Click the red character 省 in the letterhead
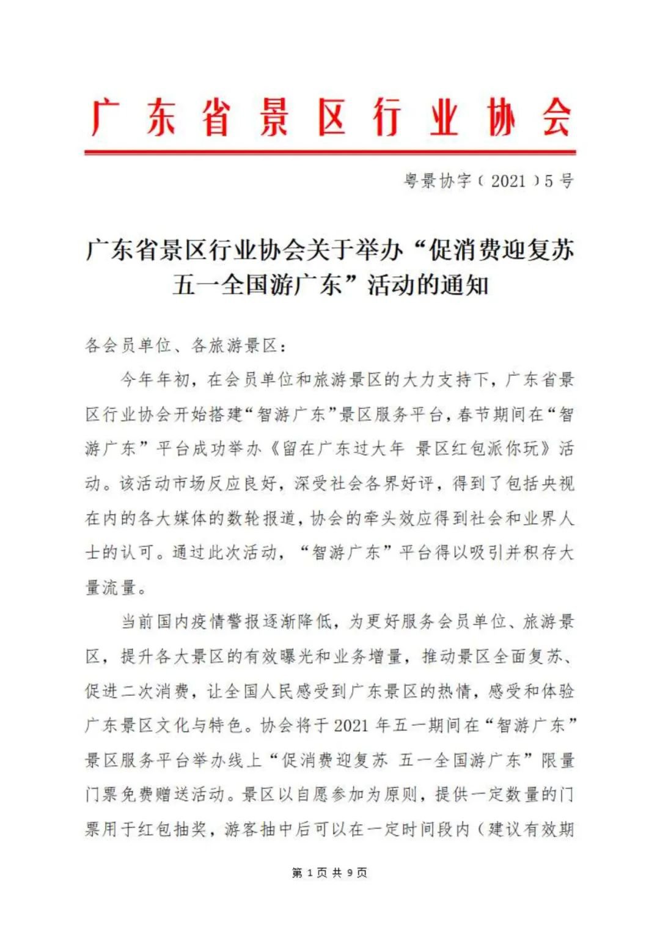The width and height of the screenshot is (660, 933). [x=216, y=117]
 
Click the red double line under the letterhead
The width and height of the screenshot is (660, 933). [x=330, y=152]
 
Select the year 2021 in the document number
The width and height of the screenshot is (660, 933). [x=508, y=181]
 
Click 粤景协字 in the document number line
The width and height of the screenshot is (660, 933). [x=438, y=181]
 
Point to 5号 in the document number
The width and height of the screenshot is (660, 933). [x=559, y=181]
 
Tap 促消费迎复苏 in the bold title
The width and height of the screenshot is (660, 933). [x=501, y=250]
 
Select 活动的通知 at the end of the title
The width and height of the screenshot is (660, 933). [x=428, y=285]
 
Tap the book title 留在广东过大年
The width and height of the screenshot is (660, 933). [x=343, y=449]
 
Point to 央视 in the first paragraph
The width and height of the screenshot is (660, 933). [x=558, y=484]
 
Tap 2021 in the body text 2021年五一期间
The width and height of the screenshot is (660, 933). [x=351, y=726]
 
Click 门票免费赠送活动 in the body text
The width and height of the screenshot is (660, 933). [x=155, y=795]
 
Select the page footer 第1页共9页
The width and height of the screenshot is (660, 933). [x=330, y=873]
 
